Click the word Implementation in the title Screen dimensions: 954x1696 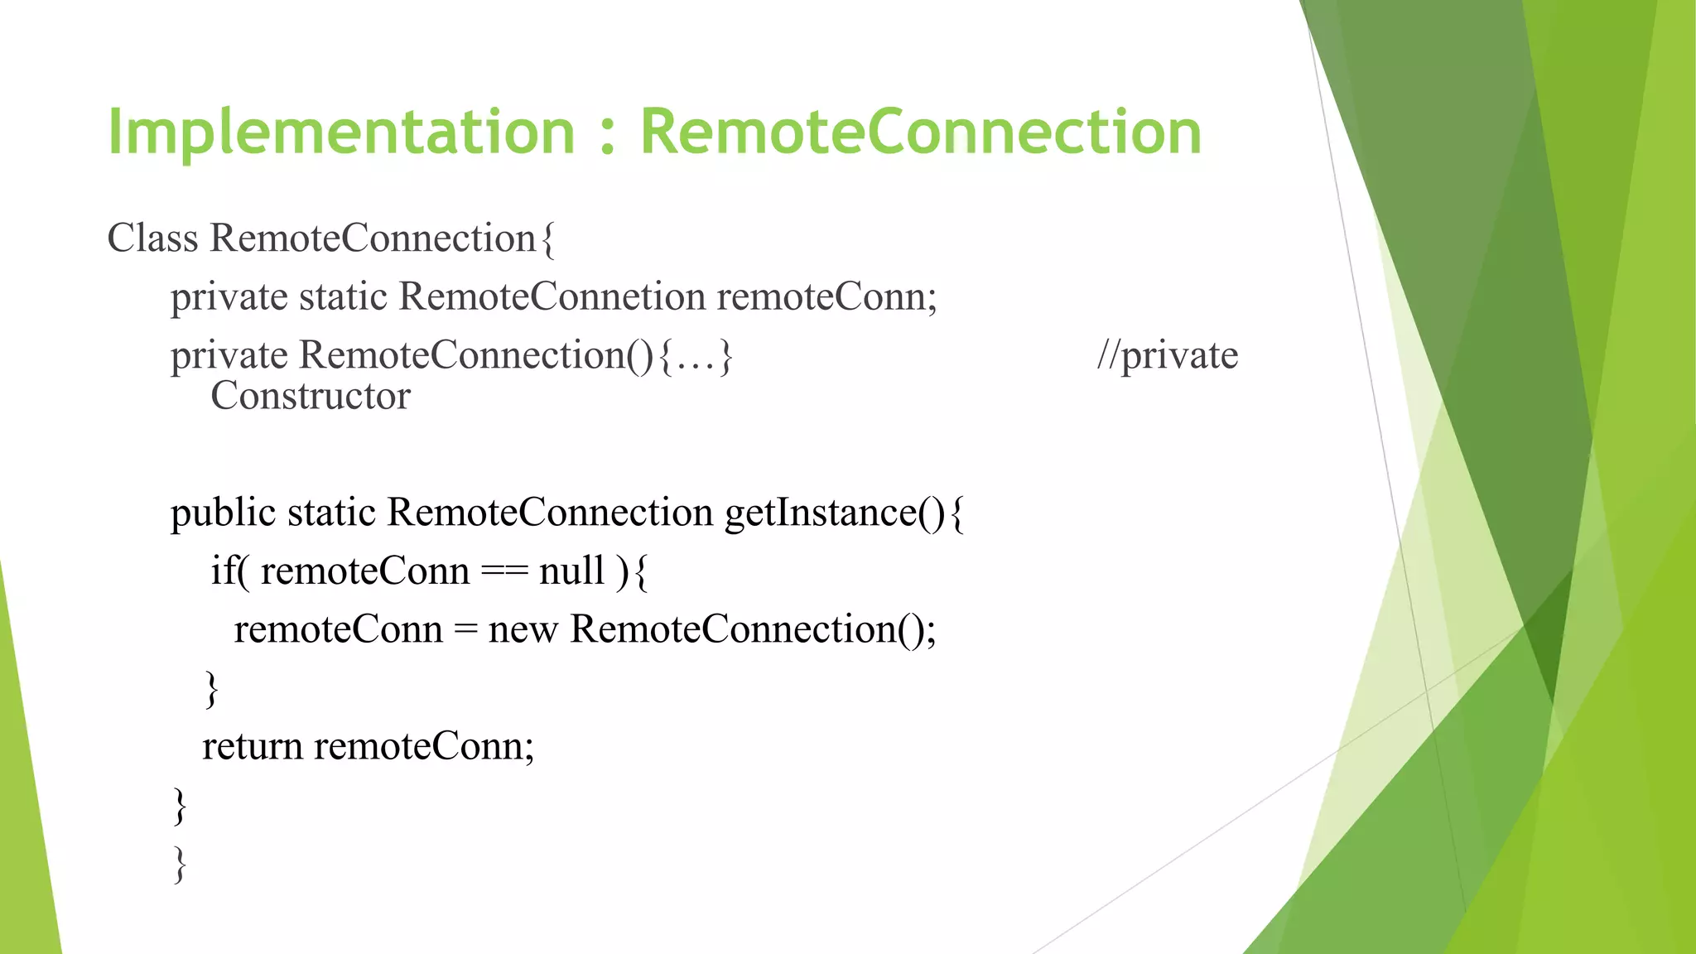(x=341, y=132)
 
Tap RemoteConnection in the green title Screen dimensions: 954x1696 (x=920, y=132)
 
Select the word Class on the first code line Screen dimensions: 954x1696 (x=152, y=238)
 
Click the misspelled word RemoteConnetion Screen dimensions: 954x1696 (x=552, y=296)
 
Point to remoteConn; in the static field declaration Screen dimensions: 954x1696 (x=826, y=296)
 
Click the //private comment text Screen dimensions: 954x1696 (x=1167, y=356)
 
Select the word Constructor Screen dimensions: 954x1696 (x=311, y=396)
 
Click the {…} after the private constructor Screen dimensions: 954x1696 (x=696, y=356)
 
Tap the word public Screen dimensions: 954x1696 (x=223, y=513)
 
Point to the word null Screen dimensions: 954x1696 (x=571, y=571)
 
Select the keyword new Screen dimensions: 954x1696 (x=523, y=630)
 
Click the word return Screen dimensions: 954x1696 (x=253, y=747)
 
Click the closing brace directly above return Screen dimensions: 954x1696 (x=212, y=689)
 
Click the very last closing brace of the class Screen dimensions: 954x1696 (x=180, y=865)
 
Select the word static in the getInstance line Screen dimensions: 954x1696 (x=331, y=513)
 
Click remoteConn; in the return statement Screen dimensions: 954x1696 (x=424, y=747)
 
